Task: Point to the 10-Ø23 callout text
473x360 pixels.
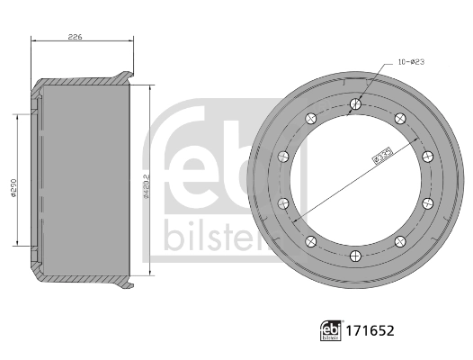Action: click(411, 62)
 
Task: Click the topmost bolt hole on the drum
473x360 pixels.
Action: click(356, 104)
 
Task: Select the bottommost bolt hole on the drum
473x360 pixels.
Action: click(356, 255)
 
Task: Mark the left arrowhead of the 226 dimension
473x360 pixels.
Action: click(34, 42)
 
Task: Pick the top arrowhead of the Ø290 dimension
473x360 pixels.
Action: click(16, 113)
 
